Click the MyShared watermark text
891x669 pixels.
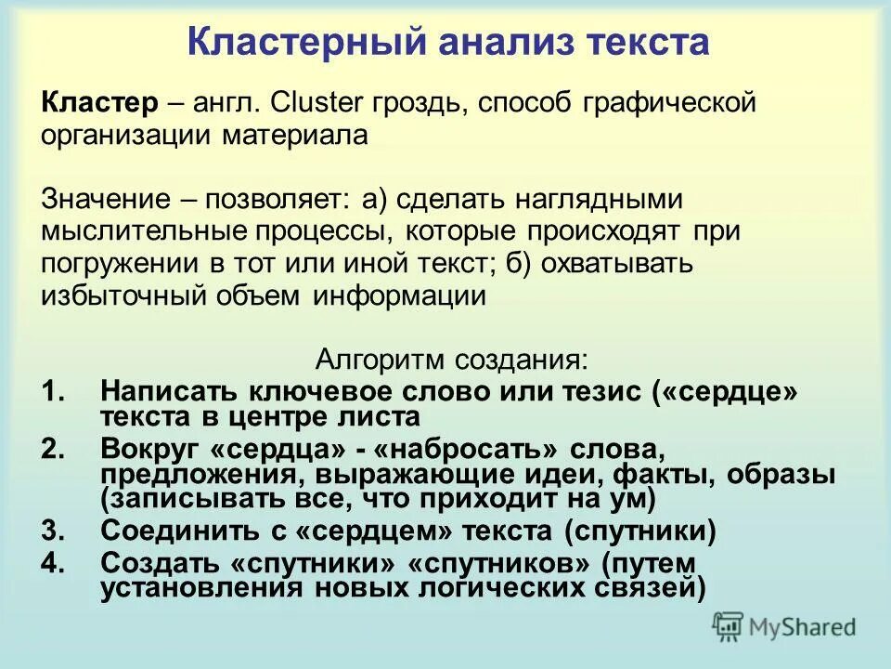[803, 627]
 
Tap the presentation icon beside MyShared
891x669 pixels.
[730, 626]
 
